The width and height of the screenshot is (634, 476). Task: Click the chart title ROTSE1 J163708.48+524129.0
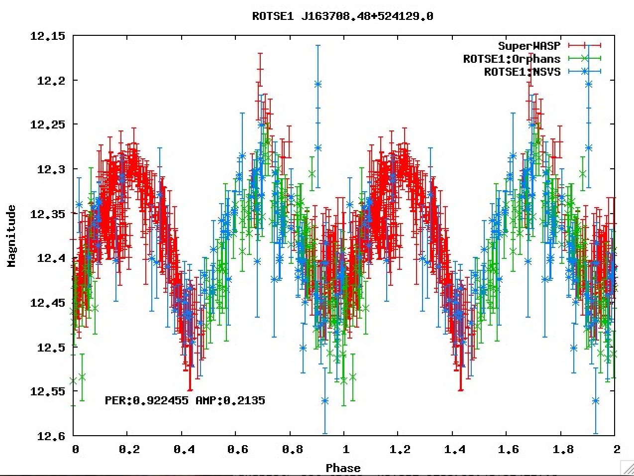(342, 16)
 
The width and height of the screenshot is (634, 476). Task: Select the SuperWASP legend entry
(529, 46)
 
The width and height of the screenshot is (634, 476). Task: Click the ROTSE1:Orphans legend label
(512, 59)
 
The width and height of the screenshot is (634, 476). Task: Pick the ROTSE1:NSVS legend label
(522, 72)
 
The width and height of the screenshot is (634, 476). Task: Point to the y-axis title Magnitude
(12, 236)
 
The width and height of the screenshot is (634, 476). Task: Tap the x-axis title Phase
(343, 468)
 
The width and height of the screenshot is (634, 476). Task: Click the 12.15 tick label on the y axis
(48, 36)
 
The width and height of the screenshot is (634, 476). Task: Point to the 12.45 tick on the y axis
(48, 303)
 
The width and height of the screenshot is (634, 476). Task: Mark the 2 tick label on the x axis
(616, 450)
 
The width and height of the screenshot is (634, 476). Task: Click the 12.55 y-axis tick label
(48, 391)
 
